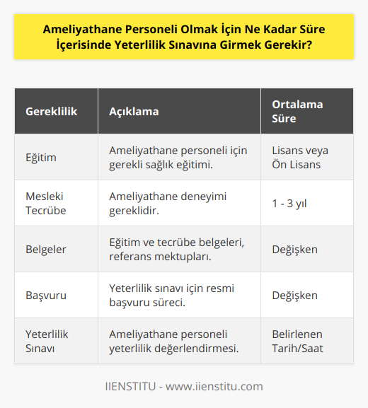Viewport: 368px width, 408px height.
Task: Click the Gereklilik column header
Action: (x=52, y=112)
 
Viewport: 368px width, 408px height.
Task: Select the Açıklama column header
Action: (x=134, y=112)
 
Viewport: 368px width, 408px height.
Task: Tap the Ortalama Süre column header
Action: (x=297, y=112)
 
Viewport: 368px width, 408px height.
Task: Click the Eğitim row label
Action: (x=42, y=157)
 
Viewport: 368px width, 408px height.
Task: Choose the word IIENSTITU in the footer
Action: (x=130, y=386)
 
